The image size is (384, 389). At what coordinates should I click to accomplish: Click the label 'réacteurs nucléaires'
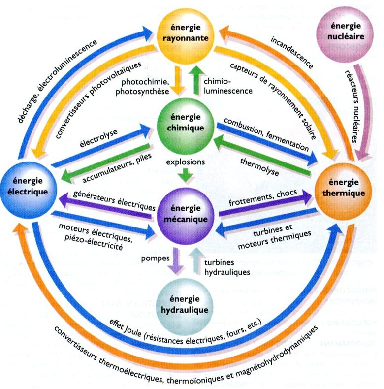[x=354, y=103]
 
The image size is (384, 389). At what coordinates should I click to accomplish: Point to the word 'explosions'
[x=186, y=161]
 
